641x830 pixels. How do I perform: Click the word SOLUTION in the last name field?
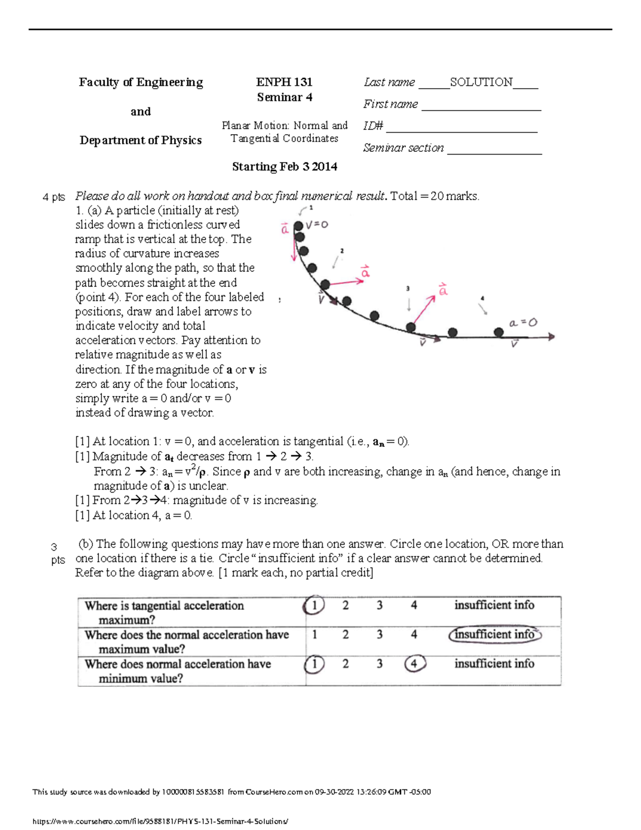[x=481, y=82]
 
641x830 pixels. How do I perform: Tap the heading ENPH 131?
[x=284, y=82]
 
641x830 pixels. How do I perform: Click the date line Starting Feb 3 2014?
[x=284, y=167]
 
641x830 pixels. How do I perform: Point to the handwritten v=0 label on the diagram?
[x=317, y=225]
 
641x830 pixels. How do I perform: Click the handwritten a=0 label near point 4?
[x=523, y=323]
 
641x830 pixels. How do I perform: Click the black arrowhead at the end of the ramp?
[x=551, y=337]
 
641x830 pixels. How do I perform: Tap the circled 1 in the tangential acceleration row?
[x=314, y=606]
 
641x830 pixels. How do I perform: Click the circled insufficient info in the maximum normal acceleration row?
[x=495, y=634]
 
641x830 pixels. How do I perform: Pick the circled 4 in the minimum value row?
[x=415, y=664]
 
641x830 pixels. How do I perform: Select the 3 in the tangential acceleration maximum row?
[x=380, y=606]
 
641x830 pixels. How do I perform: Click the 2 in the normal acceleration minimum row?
[x=346, y=664]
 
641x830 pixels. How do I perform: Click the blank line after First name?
[x=481, y=105]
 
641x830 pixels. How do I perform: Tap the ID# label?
[x=373, y=126]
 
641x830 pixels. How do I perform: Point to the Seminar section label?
[x=403, y=148]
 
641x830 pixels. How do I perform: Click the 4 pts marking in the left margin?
[x=53, y=197]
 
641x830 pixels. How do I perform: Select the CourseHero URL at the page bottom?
[x=160, y=821]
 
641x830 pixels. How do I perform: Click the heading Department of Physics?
[x=140, y=140]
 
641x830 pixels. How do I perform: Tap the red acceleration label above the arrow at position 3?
[x=443, y=290]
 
